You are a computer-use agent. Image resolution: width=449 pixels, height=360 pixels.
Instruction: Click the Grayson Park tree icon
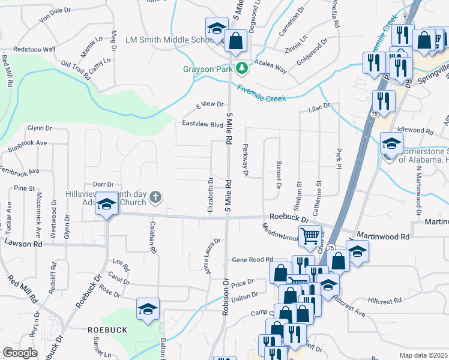click(242, 68)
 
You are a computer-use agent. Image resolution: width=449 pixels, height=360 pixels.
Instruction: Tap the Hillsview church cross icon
click(155, 197)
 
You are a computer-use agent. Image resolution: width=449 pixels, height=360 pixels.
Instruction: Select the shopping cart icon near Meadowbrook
click(309, 236)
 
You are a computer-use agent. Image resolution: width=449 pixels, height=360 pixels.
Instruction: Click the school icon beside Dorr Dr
click(107, 204)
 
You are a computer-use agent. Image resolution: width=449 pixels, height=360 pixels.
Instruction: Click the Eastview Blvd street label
click(202, 125)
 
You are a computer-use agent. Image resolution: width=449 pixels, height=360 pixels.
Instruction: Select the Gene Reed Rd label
click(252, 260)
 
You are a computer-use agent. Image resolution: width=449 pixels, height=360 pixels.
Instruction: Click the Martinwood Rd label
click(383, 236)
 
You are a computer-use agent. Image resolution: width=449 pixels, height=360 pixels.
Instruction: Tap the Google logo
click(20, 353)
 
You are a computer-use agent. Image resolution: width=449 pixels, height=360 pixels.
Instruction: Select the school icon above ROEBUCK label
click(148, 309)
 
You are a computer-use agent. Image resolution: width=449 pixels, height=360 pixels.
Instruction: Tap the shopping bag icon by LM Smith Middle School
click(237, 41)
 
